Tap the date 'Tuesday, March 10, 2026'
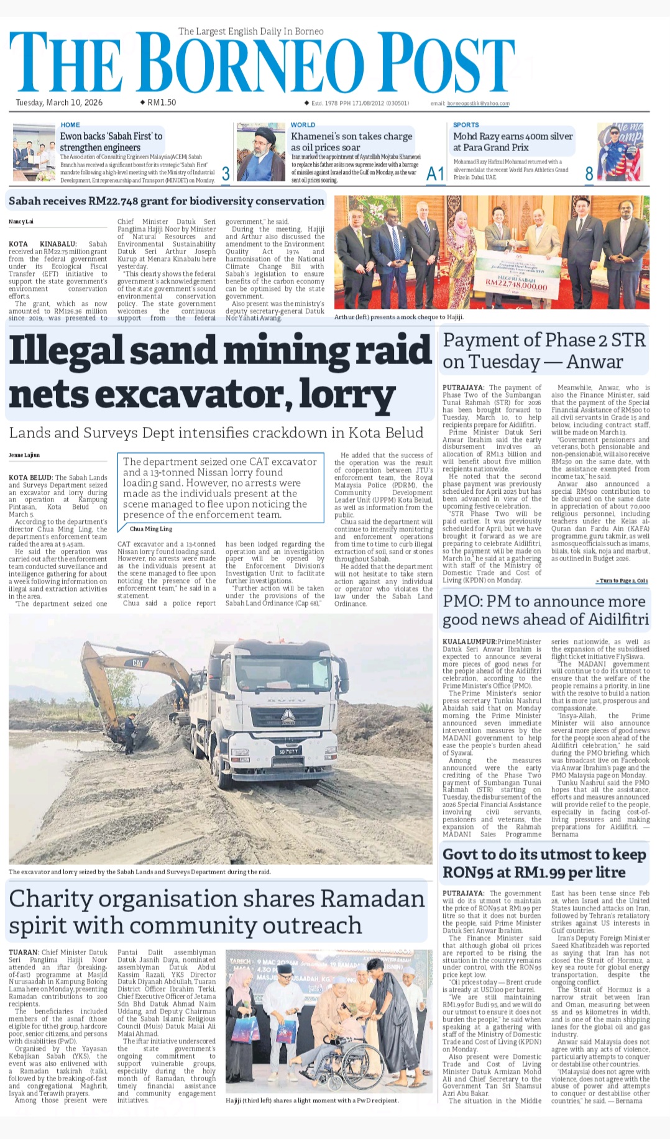59,103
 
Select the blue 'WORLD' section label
303,125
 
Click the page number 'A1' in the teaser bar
435,175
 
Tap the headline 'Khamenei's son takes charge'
351,136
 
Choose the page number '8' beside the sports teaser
589,175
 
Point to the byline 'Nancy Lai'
21,222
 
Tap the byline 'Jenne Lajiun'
24,455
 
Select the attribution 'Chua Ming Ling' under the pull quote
151,529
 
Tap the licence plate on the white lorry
288,751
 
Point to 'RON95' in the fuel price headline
469,872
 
